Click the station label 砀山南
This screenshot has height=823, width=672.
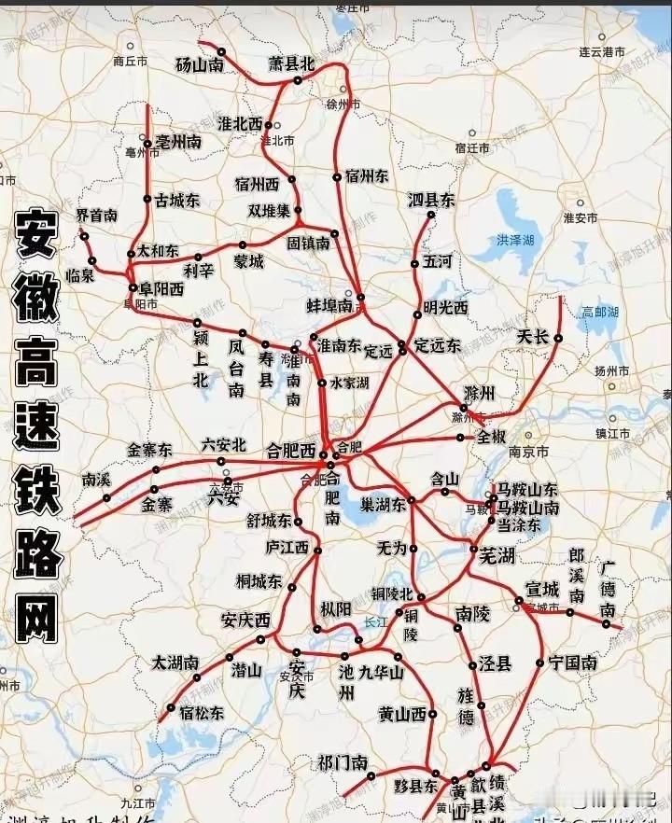(200, 65)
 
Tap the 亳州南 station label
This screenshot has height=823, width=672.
(178, 143)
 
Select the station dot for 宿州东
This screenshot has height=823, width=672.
(337, 176)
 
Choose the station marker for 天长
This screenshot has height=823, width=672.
(558, 338)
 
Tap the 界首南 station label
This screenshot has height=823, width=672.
(97, 216)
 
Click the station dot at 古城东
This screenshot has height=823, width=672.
(147, 199)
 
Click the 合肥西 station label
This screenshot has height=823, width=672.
(291, 449)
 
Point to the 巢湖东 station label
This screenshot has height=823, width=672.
(383, 504)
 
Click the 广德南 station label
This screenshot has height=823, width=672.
(609, 589)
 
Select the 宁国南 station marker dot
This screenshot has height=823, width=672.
(539, 663)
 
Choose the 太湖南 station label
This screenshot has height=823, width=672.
(175, 663)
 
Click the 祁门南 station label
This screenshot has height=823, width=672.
(343, 762)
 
